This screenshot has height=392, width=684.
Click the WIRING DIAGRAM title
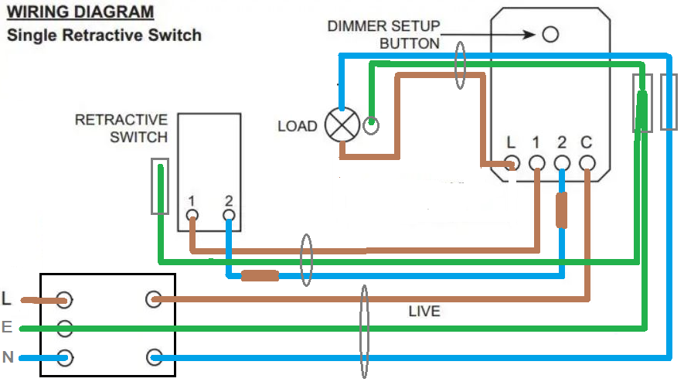pos(80,12)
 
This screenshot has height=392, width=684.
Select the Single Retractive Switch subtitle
pos(104,36)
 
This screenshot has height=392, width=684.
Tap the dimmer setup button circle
pos(550,35)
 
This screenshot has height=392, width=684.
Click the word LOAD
pos(297,126)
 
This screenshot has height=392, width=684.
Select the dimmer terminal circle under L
pos(511,163)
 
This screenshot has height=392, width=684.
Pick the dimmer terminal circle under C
pos(587,163)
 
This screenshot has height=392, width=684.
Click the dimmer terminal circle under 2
pos(562,163)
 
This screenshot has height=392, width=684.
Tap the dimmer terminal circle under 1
pos(536,163)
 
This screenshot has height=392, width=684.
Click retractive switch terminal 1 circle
pos(192,216)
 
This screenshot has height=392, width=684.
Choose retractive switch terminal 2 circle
pos(228,216)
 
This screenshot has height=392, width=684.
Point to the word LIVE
pos(424,312)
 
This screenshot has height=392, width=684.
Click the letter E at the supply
pos(7,328)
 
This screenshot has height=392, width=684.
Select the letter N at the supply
pos(7,357)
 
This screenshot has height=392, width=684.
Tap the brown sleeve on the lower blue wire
pos(260,275)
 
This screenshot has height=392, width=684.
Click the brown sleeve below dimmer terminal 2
pos(563,210)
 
